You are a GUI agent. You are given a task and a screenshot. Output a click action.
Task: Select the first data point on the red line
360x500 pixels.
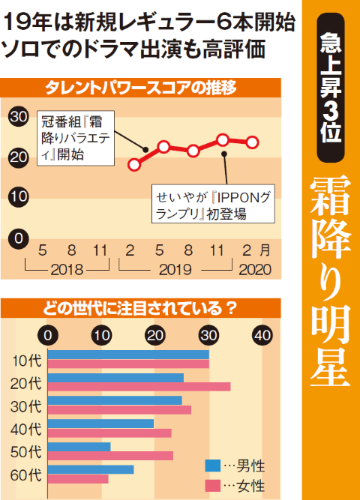[x=135, y=163]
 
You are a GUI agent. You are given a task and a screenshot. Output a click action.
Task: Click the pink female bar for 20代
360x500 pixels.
[x=139, y=387]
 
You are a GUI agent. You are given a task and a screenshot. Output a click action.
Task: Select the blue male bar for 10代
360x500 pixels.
[x=128, y=354]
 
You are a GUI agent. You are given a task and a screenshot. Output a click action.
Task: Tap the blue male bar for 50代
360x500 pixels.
[x=79, y=447]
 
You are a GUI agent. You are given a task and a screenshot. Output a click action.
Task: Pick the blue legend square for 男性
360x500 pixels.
[x=212, y=466]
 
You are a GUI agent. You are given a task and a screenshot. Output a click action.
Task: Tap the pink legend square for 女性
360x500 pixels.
[x=212, y=486]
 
